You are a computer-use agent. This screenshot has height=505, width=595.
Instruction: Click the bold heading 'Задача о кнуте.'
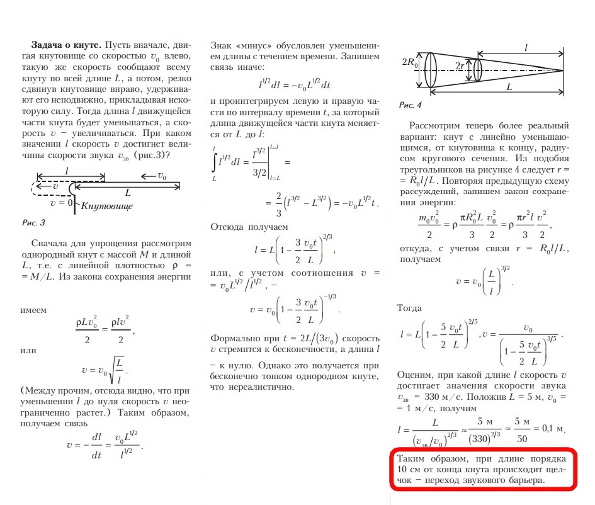[x=65, y=46]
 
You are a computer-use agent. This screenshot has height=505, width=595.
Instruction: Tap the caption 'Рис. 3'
[x=34, y=222]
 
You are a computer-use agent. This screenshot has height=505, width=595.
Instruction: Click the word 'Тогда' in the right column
[x=412, y=309]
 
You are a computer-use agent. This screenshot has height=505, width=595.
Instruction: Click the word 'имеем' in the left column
[x=33, y=310]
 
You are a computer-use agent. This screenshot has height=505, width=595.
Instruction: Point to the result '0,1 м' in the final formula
[x=551, y=428]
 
